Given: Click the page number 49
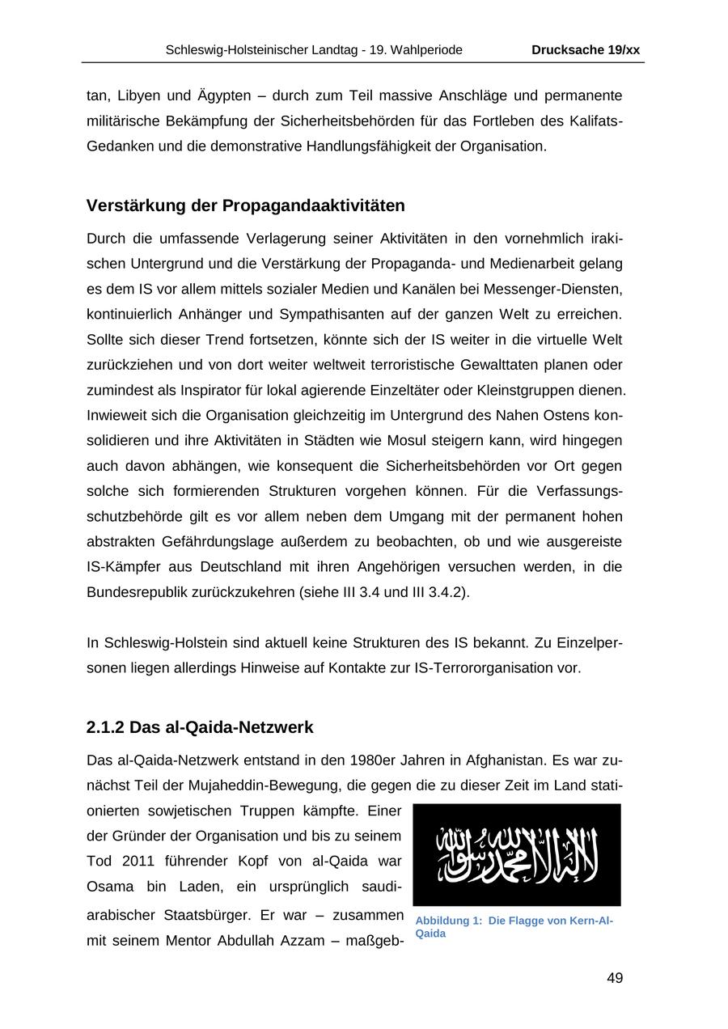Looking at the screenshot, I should tap(614, 978).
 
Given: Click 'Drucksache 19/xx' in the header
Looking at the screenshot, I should tap(586, 50).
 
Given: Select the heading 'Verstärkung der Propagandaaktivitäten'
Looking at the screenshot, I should tap(245, 205).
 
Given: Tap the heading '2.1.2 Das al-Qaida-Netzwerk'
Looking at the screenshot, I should tap(199, 727).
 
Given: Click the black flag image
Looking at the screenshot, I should tap(516, 854).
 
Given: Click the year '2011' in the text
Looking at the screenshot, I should tap(144, 861).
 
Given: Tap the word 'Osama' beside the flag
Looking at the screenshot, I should tap(108, 887).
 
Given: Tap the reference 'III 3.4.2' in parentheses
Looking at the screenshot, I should tap(438, 592).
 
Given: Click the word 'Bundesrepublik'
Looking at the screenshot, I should tap(133, 592).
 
